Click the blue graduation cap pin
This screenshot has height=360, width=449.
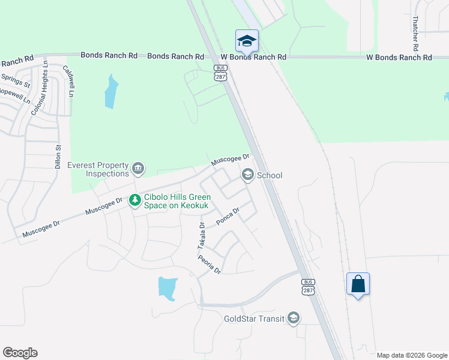(x=247, y=41)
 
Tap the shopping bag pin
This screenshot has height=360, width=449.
(x=358, y=283)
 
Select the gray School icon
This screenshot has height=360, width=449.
(x=247, y=175)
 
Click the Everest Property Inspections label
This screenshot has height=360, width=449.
(x=98, y=169)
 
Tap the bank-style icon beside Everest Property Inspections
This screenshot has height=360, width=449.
(x=138, y=168)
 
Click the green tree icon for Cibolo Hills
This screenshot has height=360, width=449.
(x=136, y=200)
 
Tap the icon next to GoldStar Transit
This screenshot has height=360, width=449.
(x=294, y=317)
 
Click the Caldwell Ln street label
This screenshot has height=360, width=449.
(x=70, y=82)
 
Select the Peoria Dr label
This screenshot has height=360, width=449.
(x=209, y=264)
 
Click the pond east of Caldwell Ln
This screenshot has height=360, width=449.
(x=110, y=91)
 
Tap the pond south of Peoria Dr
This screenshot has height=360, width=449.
(x=167, y=287)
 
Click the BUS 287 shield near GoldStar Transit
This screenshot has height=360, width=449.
(x=307, y=287)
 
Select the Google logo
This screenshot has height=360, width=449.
(x=20, y=353)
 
